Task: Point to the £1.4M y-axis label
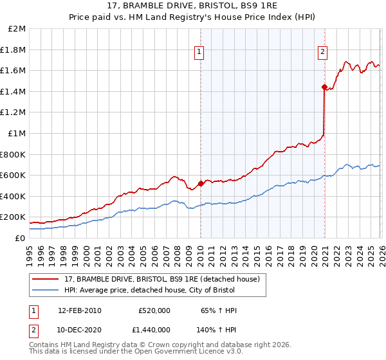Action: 14,91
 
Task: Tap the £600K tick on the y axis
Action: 14,175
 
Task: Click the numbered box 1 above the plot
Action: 200,53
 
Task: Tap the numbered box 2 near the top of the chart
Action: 322,53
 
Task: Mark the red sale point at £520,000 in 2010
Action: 201,184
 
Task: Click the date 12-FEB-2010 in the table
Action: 80,310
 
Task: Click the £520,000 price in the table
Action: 154,310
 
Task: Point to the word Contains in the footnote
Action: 45,345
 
